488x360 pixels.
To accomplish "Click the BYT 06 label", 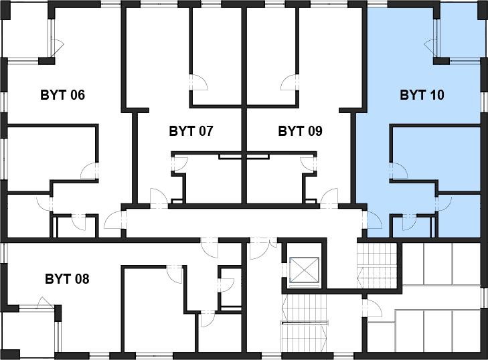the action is (x=62, y=94).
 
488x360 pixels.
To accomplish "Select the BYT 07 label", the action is (x=191, y=131).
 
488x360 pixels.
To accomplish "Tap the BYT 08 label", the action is (x=67, y=279).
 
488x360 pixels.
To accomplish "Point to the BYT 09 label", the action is (x=301, y=131).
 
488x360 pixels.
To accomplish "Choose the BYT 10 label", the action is (x=422, y=94).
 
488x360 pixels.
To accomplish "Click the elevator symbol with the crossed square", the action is (x=305, y=269).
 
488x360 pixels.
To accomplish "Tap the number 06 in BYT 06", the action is (x=77, y=94).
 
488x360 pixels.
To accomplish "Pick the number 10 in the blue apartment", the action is (x=437, y=94).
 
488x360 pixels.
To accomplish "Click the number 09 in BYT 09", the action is (x=315, y=131).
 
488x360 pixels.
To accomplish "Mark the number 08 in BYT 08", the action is (x=82, y=279).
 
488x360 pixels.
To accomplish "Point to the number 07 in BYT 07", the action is (x=206, y=131).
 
